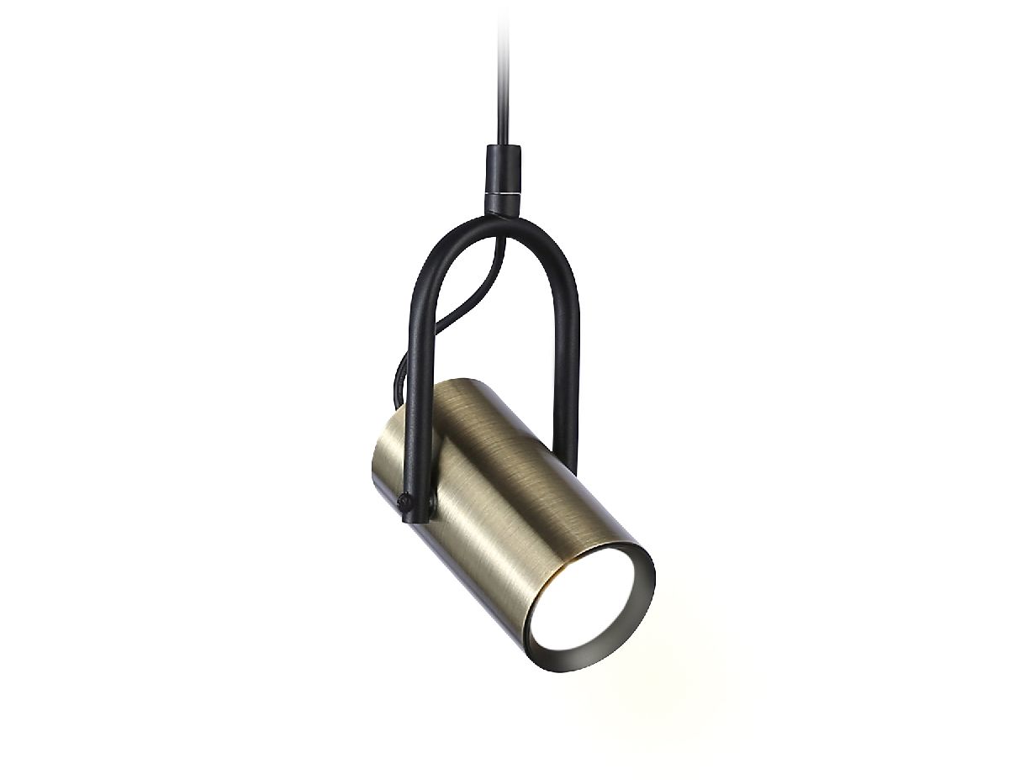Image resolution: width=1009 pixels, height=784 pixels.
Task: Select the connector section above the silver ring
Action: click(x=504, y=168)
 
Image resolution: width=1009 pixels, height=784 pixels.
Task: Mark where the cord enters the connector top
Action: click(x=503, y=148)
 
